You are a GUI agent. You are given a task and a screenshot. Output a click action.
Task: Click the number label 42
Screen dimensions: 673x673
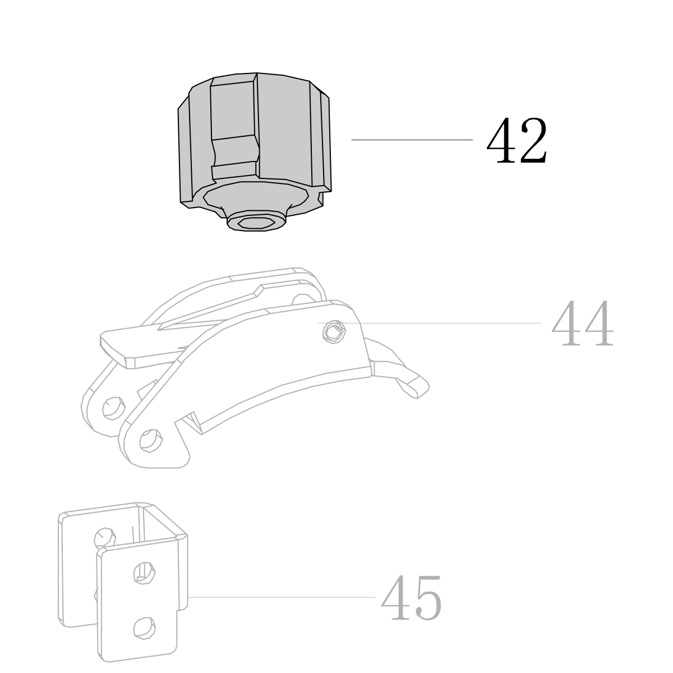517,140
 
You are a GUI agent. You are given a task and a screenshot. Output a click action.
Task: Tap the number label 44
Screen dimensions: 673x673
582,323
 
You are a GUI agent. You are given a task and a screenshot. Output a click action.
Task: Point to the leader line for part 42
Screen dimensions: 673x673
412,140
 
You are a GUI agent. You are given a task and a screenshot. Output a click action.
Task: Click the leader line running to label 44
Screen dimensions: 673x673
429,323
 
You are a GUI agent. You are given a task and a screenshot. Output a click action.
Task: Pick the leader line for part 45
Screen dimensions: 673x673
282,597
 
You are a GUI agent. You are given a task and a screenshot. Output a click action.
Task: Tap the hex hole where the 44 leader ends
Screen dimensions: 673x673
334,331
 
